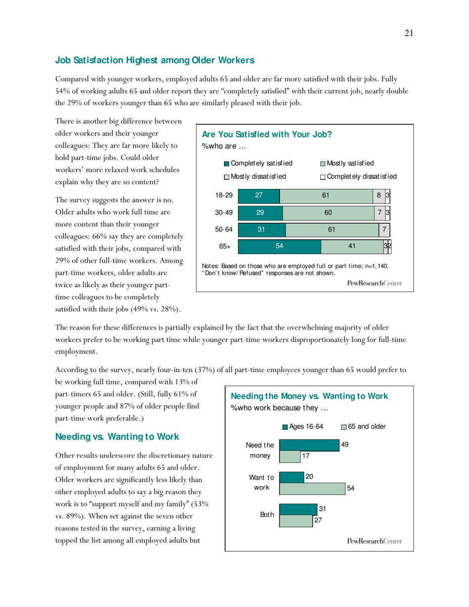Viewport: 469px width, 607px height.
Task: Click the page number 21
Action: click(408, 33)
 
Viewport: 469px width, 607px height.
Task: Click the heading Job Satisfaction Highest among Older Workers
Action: click(155, 61)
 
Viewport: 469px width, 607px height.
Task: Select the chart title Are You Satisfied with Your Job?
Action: click(267, 134)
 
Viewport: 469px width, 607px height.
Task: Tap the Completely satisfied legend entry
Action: click(258, 163)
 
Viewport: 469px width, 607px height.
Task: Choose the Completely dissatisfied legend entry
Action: click(358, 176)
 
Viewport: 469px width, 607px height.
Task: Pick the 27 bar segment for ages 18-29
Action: click(259, 195)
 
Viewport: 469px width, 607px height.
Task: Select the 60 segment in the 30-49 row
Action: click(328, 213)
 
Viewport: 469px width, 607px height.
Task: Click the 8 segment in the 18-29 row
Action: click(379, 195)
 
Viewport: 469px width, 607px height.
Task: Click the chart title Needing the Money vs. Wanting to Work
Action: click(309, 396)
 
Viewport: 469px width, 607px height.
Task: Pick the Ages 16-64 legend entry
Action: click(303, 426)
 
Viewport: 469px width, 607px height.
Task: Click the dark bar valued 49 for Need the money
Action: click(309, 445)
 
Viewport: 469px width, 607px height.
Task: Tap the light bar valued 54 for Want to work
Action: click(312, 488)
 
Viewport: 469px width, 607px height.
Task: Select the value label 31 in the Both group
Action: click(322, 509)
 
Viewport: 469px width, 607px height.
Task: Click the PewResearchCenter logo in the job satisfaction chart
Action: click(374, 283)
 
